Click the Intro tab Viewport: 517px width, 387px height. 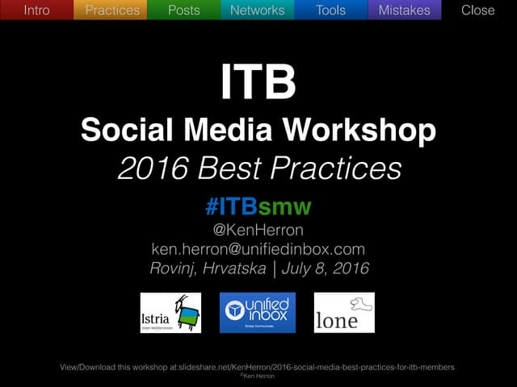[36, 10]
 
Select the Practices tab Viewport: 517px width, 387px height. [111, 10]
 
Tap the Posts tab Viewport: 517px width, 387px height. [184, 10]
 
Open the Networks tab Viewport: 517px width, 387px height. [257, 10]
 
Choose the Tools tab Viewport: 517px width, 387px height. [330, 10]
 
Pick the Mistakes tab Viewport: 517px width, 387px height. [404, 10]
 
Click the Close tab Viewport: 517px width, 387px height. [477, 10]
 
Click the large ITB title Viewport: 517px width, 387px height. [258, 83]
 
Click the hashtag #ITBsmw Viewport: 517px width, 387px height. [258, 206]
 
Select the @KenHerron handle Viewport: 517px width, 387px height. [258, 230]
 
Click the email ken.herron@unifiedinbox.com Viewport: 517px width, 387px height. [258, 249]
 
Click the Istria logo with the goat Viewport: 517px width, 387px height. [170, 313]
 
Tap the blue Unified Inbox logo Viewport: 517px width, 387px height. [258, 313]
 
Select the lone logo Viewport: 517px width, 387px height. [344, 313]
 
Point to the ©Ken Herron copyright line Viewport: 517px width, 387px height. [258, 376]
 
